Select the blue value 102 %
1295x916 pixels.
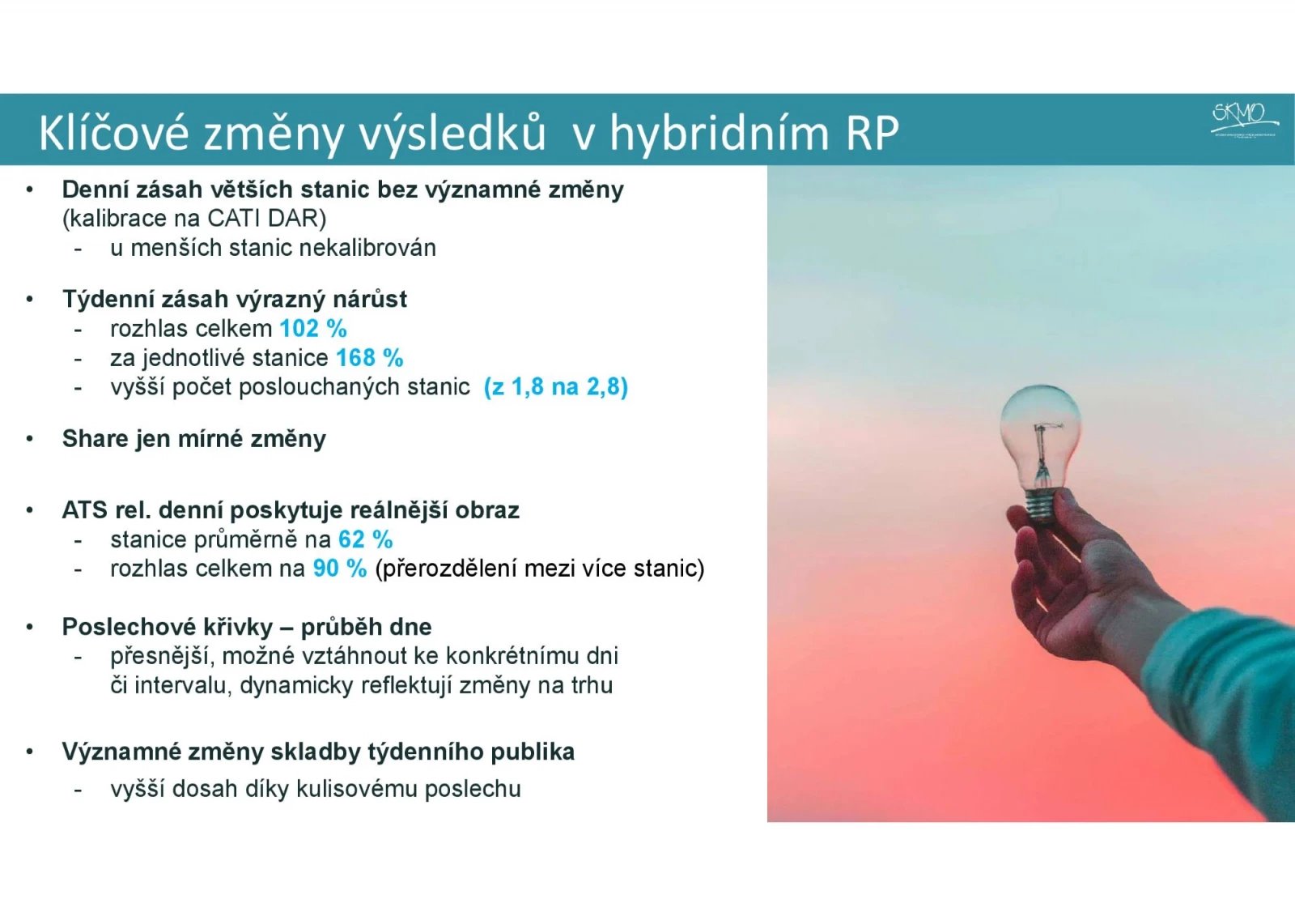[x=313, y=329]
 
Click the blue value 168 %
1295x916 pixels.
[x=369, y=358]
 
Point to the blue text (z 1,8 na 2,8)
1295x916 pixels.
[x=555, y=387]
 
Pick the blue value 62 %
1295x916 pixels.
[x=365, y=539]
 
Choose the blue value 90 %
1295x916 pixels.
[x=340, y=569]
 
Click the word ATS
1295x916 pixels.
[x=84, y=510]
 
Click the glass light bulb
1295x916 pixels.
[x=1039, y=429]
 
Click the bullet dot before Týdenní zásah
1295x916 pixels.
[x=30, y=300]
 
